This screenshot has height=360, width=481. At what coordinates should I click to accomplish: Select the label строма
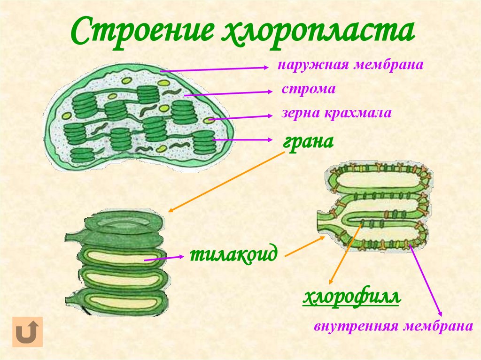309,89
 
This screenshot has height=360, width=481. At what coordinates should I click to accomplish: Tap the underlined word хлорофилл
351,298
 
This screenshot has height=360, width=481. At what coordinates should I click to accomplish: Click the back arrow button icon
27,331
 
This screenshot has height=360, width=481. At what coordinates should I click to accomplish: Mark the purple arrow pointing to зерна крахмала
240,117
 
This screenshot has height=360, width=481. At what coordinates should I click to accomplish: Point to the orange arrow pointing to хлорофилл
345,253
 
